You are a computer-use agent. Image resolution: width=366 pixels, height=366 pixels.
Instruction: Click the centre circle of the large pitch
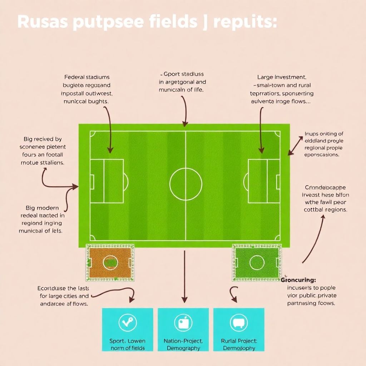186,184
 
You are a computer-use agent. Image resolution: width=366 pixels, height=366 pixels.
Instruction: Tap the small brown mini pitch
110,262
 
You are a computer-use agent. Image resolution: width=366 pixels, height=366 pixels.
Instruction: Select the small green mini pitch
257,262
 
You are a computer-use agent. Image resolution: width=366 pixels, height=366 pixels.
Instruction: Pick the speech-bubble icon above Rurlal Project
238,323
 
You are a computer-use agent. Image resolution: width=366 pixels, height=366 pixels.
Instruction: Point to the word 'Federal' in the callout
74,77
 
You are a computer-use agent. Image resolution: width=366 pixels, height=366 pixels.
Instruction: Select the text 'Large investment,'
281,77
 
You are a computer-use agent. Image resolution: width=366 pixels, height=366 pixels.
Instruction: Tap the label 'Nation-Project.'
183,341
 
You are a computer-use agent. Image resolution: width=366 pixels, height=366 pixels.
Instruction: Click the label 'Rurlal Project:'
239,341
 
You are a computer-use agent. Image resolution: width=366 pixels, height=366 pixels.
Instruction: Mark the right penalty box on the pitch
264,181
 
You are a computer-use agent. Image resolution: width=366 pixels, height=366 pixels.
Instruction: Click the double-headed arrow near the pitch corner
295,145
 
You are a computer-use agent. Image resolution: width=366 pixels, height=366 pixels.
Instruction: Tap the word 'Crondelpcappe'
325,187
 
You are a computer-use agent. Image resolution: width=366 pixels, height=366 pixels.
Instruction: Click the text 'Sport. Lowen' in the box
127,341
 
